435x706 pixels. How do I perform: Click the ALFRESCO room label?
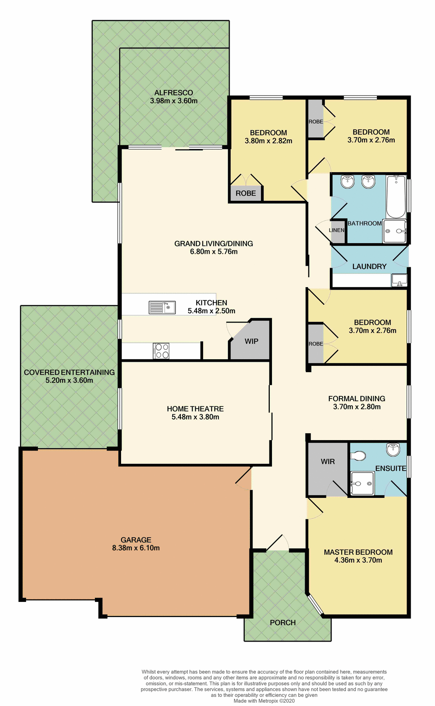pos(173,93)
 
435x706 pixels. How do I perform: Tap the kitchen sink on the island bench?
pos(162,307)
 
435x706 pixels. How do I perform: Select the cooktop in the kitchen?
pos(161,350)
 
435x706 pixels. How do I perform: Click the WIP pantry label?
pos(251,341)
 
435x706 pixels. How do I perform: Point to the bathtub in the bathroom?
pos(396,197)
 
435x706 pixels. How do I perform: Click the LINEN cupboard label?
pos(336,230)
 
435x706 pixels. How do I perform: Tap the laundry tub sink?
pos(399,280)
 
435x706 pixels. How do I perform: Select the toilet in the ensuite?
pos(358,456)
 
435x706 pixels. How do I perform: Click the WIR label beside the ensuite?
pos(328,461)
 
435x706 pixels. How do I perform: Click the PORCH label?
pos(283,623)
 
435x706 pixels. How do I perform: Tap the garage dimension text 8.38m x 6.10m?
pos(136,548)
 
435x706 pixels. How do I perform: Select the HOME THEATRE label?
pos(195,409)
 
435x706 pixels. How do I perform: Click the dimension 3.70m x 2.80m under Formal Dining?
pos(357,407)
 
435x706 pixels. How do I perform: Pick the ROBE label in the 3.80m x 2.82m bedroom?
pos(245,193)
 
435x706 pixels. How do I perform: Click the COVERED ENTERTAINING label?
pos(69,372)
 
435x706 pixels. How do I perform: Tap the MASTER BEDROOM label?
pos(358,552)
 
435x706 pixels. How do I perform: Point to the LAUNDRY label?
pos(369,266)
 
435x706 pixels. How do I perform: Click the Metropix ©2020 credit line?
pos(264,701)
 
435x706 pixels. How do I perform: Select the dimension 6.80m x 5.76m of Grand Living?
pos(213,252)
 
